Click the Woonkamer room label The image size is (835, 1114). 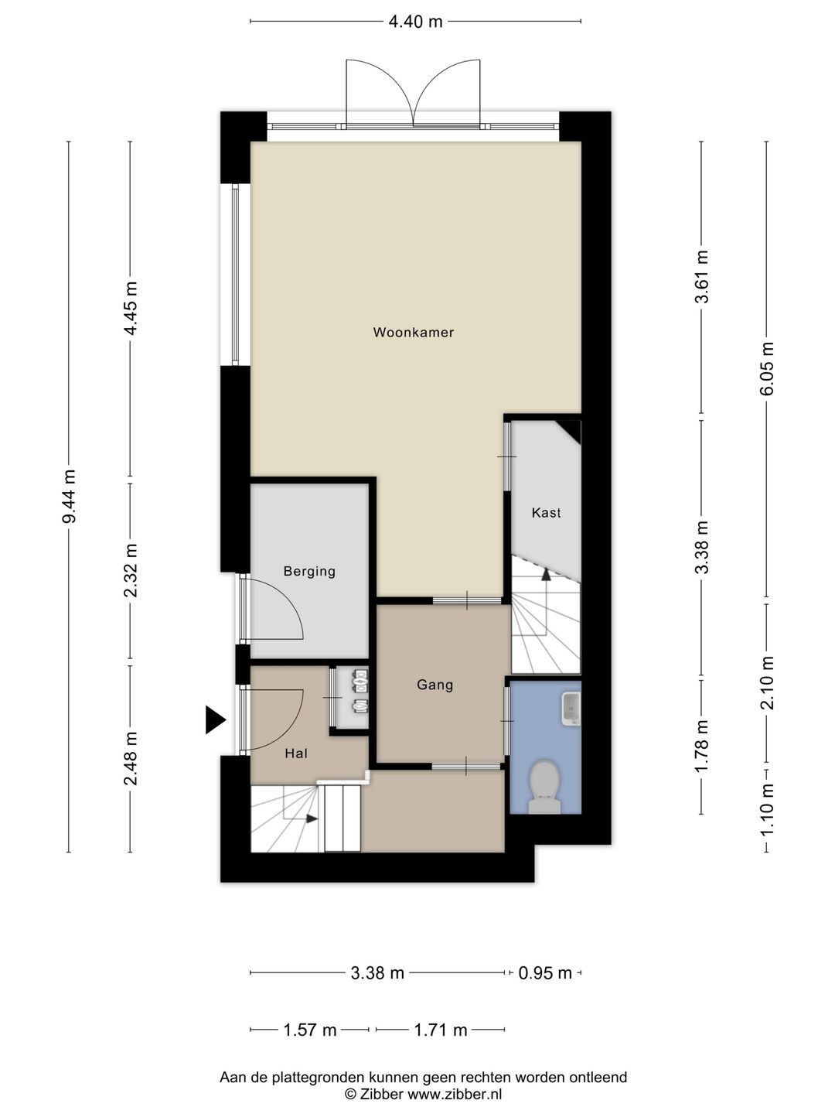[x=413, y=333]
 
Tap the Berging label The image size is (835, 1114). [x=309, y=572]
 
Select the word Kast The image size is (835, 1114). [x=546, y=513]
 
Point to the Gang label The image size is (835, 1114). [x=435, y=685]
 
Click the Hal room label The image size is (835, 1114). [x=296, y=753]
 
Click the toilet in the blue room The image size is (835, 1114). [x=544, y=788]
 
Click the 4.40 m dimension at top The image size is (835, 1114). [x=415, y=22]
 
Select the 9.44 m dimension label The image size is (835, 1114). [x=70, y=497]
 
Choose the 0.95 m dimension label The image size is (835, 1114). [x=545, y=973]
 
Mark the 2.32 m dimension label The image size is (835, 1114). [x=131, y=571]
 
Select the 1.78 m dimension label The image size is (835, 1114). [x=702, y=747]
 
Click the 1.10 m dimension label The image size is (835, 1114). [x=766, y=811]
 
